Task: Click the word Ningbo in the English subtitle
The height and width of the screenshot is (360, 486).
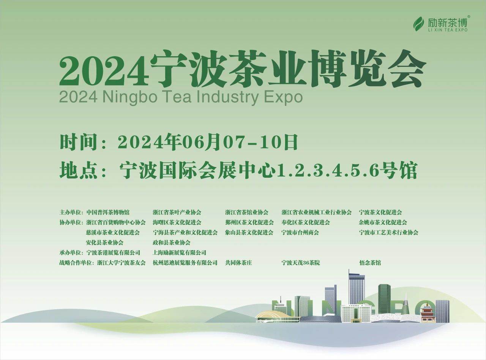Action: pyautogui.click(x=130, y=97)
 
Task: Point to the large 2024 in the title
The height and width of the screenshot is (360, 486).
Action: pyautogui.click(x=104, y=70)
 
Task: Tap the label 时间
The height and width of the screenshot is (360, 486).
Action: pyautogui.click(x=78, y=142)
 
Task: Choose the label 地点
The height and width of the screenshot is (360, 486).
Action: pyautogui.click(x=78, y=170)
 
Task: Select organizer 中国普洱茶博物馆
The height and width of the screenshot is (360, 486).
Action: pyautogui.click(x=108, y=212)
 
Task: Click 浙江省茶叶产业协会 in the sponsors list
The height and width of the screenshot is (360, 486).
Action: pyautogui.click(x=177, y=212)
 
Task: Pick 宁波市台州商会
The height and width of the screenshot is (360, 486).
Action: pyautogui.click(x=300, y=232)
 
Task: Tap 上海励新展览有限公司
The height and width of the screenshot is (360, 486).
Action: pyautogui.click(x=180, y=253)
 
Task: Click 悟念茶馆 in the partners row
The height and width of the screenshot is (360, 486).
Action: pyautogui.click(x=370, y=263)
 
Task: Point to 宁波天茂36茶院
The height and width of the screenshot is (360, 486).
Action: pyautogui.click(x=301, y=263)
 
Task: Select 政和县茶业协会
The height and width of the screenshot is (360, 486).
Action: pyautogui.click(x=172, y=243)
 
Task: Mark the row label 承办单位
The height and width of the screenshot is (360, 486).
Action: pyautogui.click(x=70, y=253)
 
